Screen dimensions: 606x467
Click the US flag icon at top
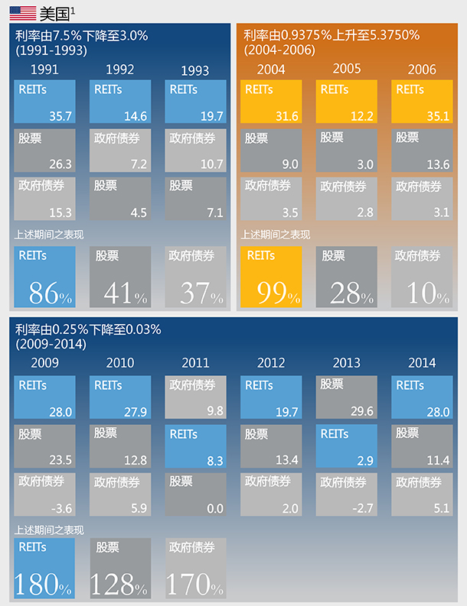point(21,12)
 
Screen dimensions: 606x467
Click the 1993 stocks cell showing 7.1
point(195,199)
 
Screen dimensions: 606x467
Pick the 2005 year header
point(347,69)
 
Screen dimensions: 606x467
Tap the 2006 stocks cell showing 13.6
point(422,151)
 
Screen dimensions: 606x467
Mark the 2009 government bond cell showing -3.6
point(44,494)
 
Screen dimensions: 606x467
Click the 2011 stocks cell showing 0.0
point(195,494)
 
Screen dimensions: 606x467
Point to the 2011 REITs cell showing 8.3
point(195,446)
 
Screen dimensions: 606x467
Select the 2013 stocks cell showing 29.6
point(347,397)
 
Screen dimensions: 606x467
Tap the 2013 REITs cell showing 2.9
point(347,446)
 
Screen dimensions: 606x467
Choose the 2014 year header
point(422,362)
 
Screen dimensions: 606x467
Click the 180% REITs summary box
point(44,569)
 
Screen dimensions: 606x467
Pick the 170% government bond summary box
point(195,569)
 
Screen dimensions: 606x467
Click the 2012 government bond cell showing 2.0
point(271,494)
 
